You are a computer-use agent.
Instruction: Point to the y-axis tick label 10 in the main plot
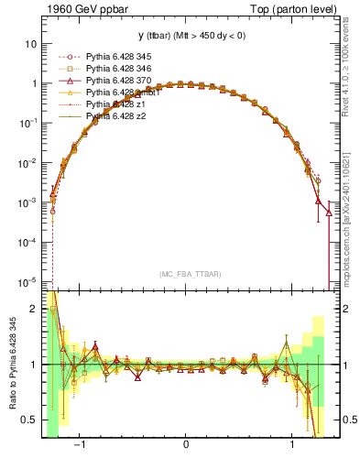click(x=30, y=44)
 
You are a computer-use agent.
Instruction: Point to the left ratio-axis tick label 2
click(x=33, y=310)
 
